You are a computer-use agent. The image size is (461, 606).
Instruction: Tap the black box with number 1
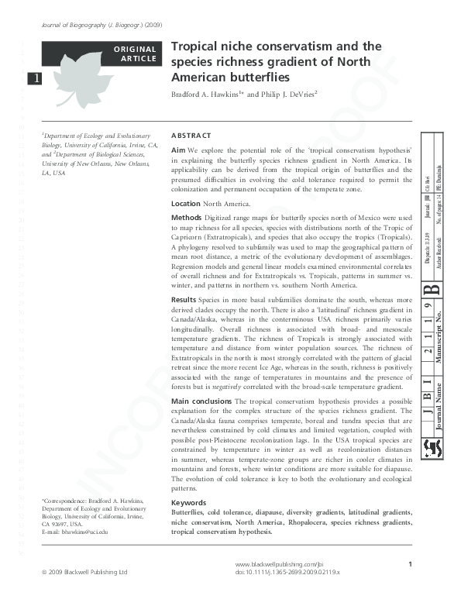point(34,78)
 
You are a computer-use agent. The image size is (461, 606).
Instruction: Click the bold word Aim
point(177,149)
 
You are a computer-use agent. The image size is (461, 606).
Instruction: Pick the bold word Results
point(184,299)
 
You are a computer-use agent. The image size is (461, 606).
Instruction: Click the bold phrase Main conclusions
point(201,401)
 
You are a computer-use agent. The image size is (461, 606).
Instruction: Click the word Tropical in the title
point(195,46)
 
